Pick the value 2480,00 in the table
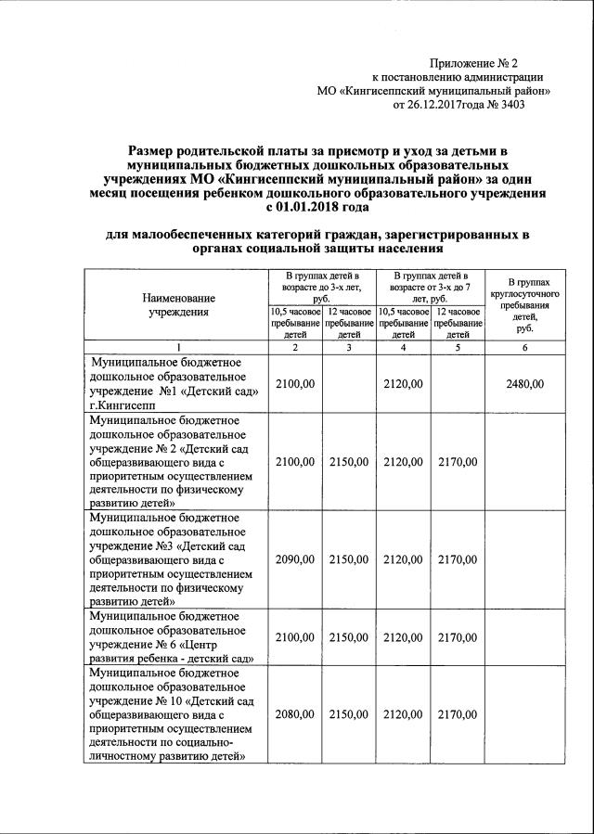tap(524, 384)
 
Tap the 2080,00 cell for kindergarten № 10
tap(296, 714)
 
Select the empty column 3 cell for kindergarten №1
tap(350, 384)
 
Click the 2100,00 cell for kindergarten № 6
tap(296, 636)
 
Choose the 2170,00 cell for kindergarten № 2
tap(457, 462)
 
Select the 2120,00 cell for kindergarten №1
tap(403, 384)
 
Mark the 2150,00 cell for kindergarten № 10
tap(350, 714)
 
